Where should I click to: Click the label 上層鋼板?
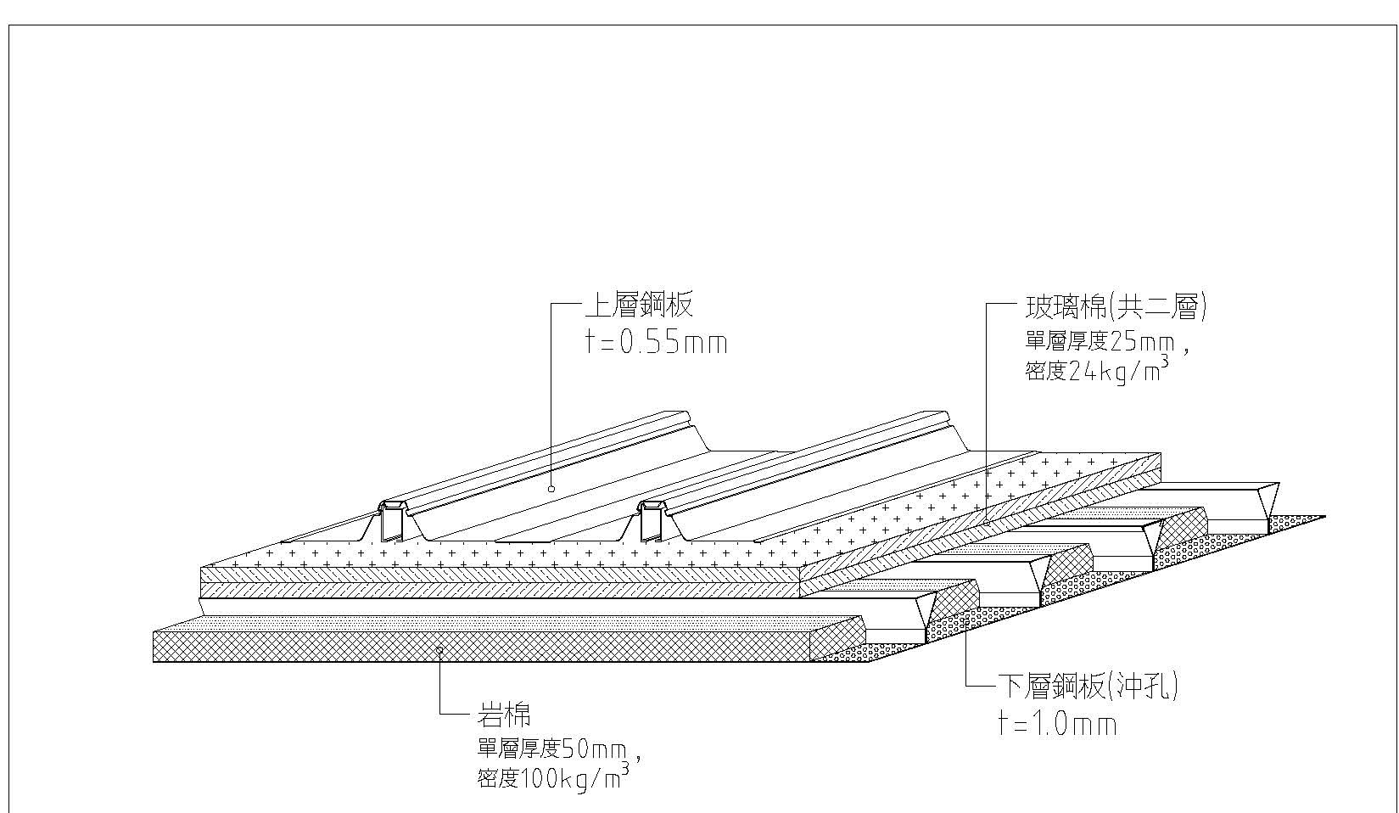pos(638,306)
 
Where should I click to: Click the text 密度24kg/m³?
pos(1094,371)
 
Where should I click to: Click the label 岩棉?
pos(504,715)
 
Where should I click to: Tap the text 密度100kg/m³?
pos(551,777)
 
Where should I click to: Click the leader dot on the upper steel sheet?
pos(551,489)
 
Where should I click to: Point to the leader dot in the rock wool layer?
pos(439,649)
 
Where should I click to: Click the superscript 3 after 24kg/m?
pos(1162,361)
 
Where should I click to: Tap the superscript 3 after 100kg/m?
pos(625,767)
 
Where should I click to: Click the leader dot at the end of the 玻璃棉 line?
pos(987,524)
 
